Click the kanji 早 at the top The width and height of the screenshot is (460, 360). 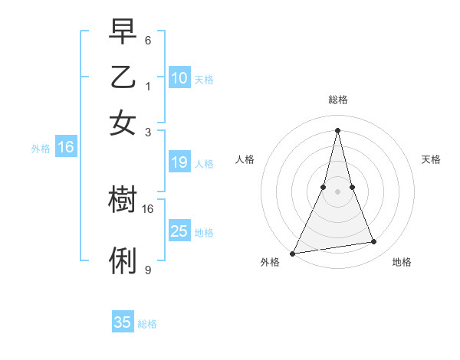click(x=123, y=33)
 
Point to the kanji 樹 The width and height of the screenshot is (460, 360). click(x=123, y=200)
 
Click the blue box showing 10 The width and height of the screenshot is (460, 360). click(x=179, y=78)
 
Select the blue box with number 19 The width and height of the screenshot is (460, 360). click(x=179, y=162)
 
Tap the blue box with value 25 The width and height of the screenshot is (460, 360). click(x=179, y=231)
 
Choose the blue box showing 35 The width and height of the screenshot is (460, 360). click(x=123, y=322)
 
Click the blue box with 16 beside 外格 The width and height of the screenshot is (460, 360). click(x=66, y=148)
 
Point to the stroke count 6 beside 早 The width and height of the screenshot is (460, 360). click(x=148, y=40)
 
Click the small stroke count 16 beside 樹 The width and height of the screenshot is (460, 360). click(x=148, y=208)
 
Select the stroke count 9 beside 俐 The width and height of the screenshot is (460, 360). click(x=148, y=270)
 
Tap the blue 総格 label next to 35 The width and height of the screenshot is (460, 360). click(x=147, y=324)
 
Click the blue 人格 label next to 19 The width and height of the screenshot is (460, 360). click(x=204, y=163)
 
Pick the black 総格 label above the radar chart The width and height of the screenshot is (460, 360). click(x=337, y=100)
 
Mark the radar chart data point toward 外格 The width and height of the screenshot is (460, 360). click(x=292, y=253)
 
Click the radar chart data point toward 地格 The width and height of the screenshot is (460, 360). click(x=374, y=242)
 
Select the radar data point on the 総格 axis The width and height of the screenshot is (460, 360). click(x=337, y=129)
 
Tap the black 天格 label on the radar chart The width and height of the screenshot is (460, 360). click(x=432, y=159)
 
